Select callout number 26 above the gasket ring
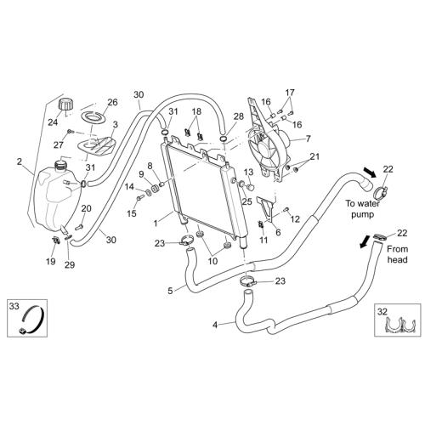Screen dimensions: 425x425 tap(112, 102)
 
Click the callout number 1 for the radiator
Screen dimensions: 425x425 tap(156, 224)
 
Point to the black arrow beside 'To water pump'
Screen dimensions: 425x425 tap(369, 172)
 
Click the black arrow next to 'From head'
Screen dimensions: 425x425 tap(365, 241)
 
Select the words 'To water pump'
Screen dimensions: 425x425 tap(363, 209)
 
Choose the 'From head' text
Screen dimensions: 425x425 tap(398, 254)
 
